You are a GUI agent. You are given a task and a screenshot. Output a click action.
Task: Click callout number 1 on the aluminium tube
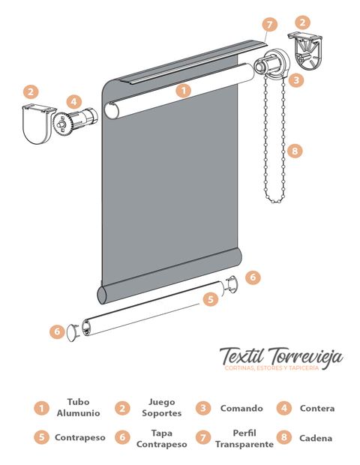point(184,91)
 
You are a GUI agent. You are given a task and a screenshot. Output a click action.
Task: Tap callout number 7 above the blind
point(269,25)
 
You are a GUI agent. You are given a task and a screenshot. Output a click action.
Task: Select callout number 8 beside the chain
point(295,151)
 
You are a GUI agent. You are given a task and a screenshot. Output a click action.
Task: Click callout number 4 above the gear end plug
point(73,102)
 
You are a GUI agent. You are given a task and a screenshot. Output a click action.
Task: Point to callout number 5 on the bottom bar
point(211,299)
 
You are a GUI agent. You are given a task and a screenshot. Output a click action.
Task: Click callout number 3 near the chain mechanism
point(295,79)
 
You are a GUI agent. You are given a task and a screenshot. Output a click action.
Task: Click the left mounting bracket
point(38,124)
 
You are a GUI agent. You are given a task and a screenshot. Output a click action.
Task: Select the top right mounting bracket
point(305,51)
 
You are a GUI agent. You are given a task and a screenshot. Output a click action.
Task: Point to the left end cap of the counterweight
point(73,332)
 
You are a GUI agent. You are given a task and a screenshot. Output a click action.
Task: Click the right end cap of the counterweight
point(232,284)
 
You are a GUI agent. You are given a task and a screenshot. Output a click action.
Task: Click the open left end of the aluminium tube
point(112,110)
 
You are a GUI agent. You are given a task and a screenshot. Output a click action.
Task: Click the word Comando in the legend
point(241,408)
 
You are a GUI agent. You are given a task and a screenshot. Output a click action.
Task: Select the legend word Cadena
point(316,438)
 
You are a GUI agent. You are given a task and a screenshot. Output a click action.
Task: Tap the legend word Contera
point(317,408)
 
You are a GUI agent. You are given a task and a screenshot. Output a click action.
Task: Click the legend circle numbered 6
point(122,437)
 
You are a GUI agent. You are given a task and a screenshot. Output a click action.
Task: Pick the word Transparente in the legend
point(244,444)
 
